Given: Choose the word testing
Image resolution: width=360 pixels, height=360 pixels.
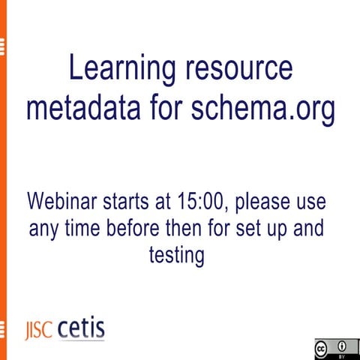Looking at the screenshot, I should pyautogui.click(x=177, y=256).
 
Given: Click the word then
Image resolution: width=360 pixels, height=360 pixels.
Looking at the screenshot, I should pyautogui.click(x=197, y=229).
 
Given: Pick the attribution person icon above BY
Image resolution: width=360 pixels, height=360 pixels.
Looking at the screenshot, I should pyautogui.click(x=342, y=346).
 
